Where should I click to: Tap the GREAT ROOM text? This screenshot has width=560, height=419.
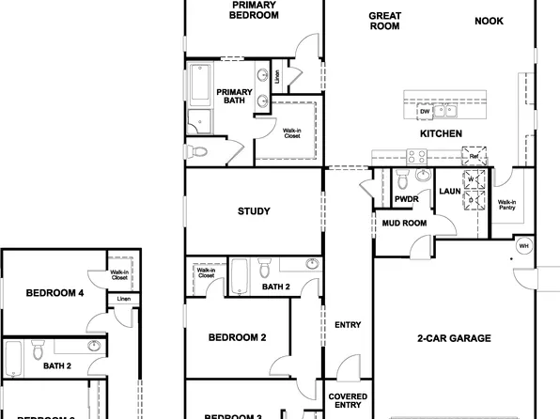click(x=385, y=21)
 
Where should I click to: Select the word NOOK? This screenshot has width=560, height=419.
click(x=490, y=21)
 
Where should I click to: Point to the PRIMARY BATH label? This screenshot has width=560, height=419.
click(x=234, y=97)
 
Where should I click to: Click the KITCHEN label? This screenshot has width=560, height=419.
click(x=441, y=135)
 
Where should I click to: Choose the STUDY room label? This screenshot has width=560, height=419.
click(x=255, y=211)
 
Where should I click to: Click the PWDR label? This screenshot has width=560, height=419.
click(x=407, y=199)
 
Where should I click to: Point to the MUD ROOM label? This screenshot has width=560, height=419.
click(x=404, y=224)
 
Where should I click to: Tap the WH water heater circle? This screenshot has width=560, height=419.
click(x=524, y=245)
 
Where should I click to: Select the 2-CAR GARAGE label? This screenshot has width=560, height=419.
click(x=454, y=338)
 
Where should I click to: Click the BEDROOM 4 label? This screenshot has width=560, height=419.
click(x=54, y=293)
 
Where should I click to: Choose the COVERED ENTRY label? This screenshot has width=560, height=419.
click(x=348, y=402)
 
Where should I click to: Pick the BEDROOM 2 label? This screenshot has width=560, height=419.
click(x=238, y=337)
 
